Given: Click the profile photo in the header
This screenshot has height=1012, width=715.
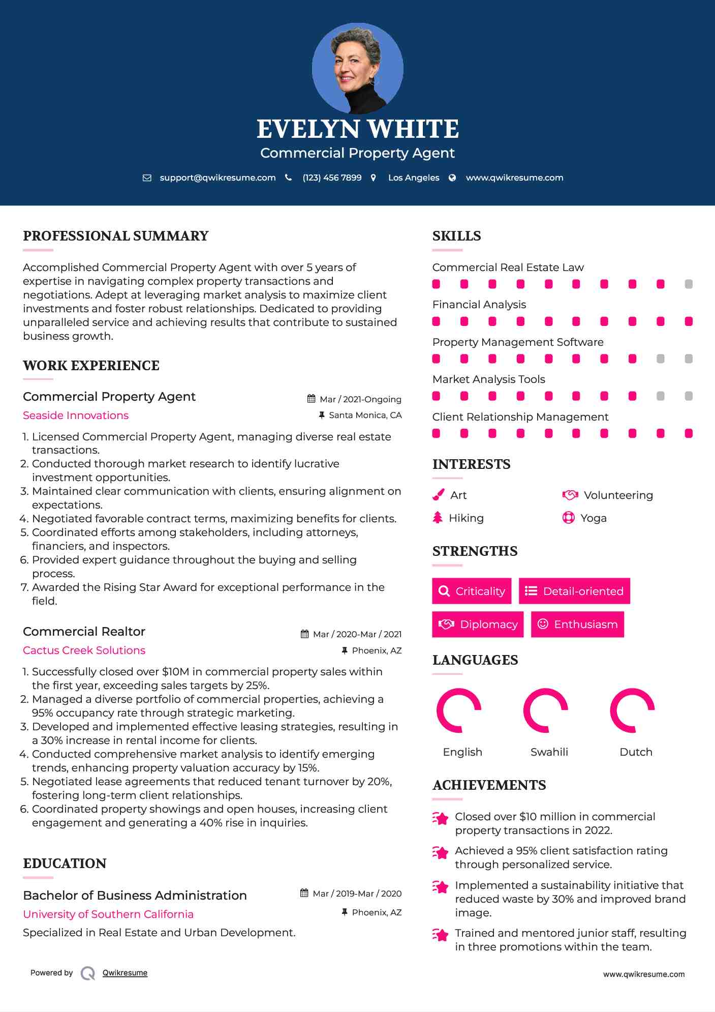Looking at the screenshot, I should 357,68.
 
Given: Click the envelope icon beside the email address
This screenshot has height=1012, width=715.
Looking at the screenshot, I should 147,178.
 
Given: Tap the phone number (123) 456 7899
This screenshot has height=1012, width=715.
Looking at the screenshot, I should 332,178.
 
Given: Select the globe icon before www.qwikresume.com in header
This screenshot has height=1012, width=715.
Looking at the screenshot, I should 452,178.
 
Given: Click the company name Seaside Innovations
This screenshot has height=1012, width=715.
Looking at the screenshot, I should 76,415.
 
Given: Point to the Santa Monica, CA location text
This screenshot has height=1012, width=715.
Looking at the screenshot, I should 365,415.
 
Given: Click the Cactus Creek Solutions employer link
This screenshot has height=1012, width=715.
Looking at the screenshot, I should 84,650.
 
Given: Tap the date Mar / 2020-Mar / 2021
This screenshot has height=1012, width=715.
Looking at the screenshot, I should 357,634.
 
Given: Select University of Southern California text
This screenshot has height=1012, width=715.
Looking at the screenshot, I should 108,914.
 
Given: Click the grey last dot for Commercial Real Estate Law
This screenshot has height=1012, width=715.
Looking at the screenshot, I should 689,284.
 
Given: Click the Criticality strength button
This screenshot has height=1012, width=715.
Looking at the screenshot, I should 472,591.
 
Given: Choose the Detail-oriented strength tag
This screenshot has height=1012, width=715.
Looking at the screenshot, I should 574,591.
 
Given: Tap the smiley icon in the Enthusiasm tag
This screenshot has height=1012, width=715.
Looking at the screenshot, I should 543,624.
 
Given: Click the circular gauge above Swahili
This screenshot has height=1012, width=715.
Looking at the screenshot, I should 545,710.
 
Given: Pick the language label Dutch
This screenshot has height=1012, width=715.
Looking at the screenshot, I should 636,752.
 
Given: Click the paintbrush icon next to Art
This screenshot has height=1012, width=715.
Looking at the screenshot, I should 438,495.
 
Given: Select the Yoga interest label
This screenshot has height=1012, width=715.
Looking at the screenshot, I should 594,518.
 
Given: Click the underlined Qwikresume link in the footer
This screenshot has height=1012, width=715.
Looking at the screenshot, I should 125,973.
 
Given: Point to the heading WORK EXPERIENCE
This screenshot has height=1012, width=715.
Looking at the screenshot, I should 91,366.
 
